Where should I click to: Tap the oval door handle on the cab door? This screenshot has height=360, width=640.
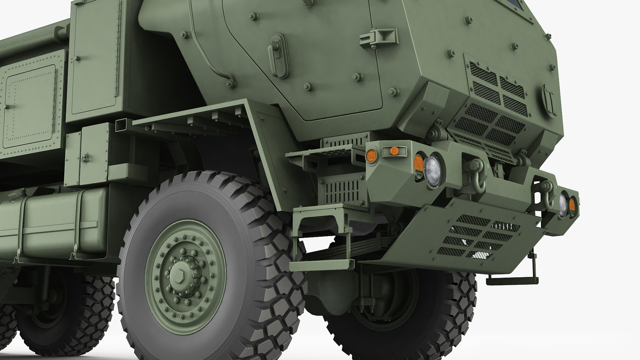click(279, 56)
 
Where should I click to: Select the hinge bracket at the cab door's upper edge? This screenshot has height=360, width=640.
click(379, 38)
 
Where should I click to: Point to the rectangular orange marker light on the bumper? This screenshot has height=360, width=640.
click(394, 151)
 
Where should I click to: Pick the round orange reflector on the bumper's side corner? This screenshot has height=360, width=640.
click(371, 156)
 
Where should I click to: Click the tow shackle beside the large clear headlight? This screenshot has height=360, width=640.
click(476, 173)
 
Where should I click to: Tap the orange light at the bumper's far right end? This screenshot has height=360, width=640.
click(572, 205)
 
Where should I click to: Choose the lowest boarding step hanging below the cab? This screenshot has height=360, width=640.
click(321, 265)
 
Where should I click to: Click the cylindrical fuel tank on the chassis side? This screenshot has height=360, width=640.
click(54, 224)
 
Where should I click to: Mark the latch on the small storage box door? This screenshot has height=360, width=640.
click(84, 157)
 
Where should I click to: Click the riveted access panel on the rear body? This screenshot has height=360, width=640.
click(29, 106)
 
